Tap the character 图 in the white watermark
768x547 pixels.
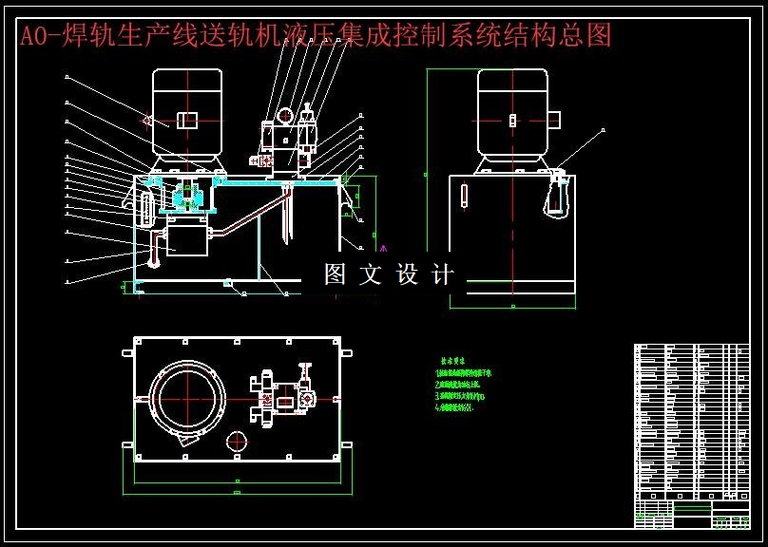(x=335, y=275)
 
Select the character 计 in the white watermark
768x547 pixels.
(x=443, y=275)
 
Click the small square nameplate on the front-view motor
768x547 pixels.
(x=188, y=119)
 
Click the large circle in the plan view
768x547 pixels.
(x=187, y=397)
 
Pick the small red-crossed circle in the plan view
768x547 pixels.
(x=237, y=442)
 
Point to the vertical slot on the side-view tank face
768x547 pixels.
(x=464, y=194)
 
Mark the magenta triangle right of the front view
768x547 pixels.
(x=383, y=250)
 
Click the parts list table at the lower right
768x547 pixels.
(x=691, y=427)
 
